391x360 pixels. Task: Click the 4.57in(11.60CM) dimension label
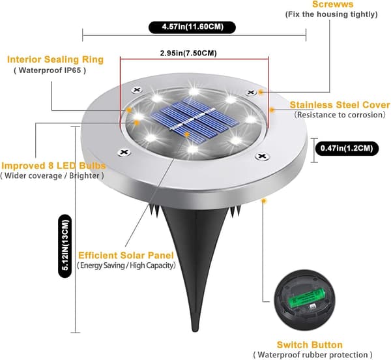pos(192,27)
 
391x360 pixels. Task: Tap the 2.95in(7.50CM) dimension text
pos(188,53)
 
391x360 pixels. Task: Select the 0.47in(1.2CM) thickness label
pos(347,149)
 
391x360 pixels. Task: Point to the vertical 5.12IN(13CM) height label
pos(65,245)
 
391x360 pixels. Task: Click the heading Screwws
pos(332,5)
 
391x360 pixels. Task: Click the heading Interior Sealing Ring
pos(55,59)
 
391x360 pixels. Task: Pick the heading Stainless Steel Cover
pos(340,105)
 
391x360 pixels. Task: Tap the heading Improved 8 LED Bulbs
pos(53,166)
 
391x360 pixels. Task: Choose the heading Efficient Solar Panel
pos(126,255)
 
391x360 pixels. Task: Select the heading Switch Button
pos(310,345)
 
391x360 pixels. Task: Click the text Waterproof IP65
pos(50,70)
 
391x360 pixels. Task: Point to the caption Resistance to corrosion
pos(340,115)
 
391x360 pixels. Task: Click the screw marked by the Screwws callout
pos(251,93)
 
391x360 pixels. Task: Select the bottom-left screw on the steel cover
pos(124,152)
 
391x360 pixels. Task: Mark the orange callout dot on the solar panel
pos(187,134)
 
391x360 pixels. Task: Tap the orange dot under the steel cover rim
pos(263,201)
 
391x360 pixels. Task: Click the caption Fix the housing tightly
pos(332,14)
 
